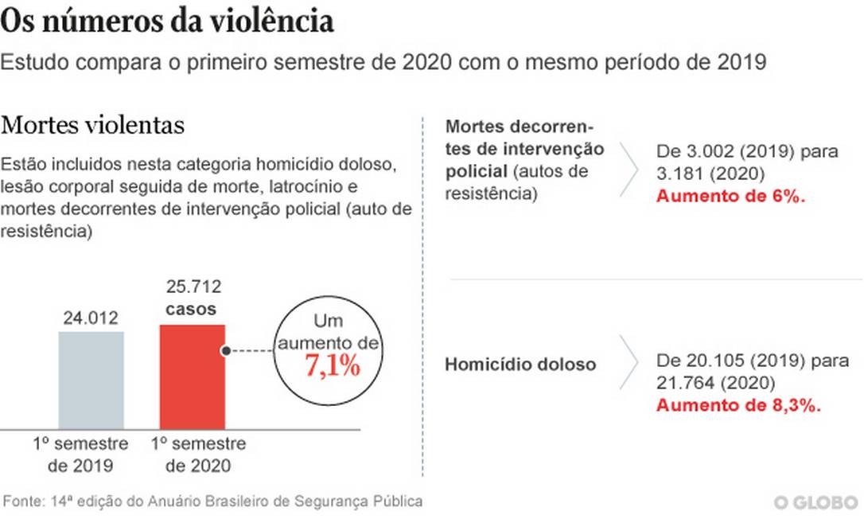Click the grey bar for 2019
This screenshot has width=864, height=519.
[91, 380]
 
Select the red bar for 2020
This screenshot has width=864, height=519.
[192, 377]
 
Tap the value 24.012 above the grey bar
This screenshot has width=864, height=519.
[91, 318]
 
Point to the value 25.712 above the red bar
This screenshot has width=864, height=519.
[193, 287]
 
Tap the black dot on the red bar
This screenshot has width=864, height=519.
[226, 350]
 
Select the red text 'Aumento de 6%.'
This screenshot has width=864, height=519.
[730, 196]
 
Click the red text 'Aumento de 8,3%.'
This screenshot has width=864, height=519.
[738, 404]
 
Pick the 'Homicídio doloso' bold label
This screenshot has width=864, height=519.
[520, 365]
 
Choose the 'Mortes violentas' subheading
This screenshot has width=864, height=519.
[93, 126]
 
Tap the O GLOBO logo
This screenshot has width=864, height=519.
[816, 503]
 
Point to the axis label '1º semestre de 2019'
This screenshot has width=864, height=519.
[80, 455]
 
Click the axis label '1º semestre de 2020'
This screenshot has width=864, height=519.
[198, 455]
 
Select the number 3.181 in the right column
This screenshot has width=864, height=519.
[680, 173]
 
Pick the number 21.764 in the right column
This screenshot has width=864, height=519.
[686, 383]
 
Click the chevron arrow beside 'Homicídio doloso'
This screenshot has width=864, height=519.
[630, 365]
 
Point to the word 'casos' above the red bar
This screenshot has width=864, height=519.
[191, 308]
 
